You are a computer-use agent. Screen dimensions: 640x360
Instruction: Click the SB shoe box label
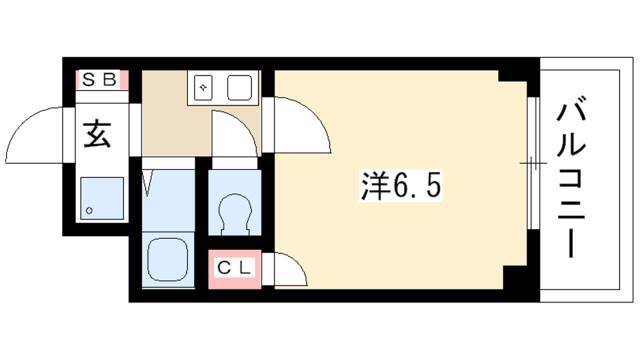pos(99,80)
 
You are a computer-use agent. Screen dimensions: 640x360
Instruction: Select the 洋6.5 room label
pos(400,186)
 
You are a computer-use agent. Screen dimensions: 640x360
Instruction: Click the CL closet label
pos(233,268)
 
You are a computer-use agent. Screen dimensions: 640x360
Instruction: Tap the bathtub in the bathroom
pos(167,260)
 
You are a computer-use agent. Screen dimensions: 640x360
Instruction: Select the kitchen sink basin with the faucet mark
pos(203,87)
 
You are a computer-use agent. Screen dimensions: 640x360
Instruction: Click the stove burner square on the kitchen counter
pos(239,87)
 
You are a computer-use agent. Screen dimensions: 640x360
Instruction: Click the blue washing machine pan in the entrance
pos(102,198)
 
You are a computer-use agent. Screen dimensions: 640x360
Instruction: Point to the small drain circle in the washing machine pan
pos(89,211)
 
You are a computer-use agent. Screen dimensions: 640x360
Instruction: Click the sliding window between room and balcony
pos(532,163)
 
